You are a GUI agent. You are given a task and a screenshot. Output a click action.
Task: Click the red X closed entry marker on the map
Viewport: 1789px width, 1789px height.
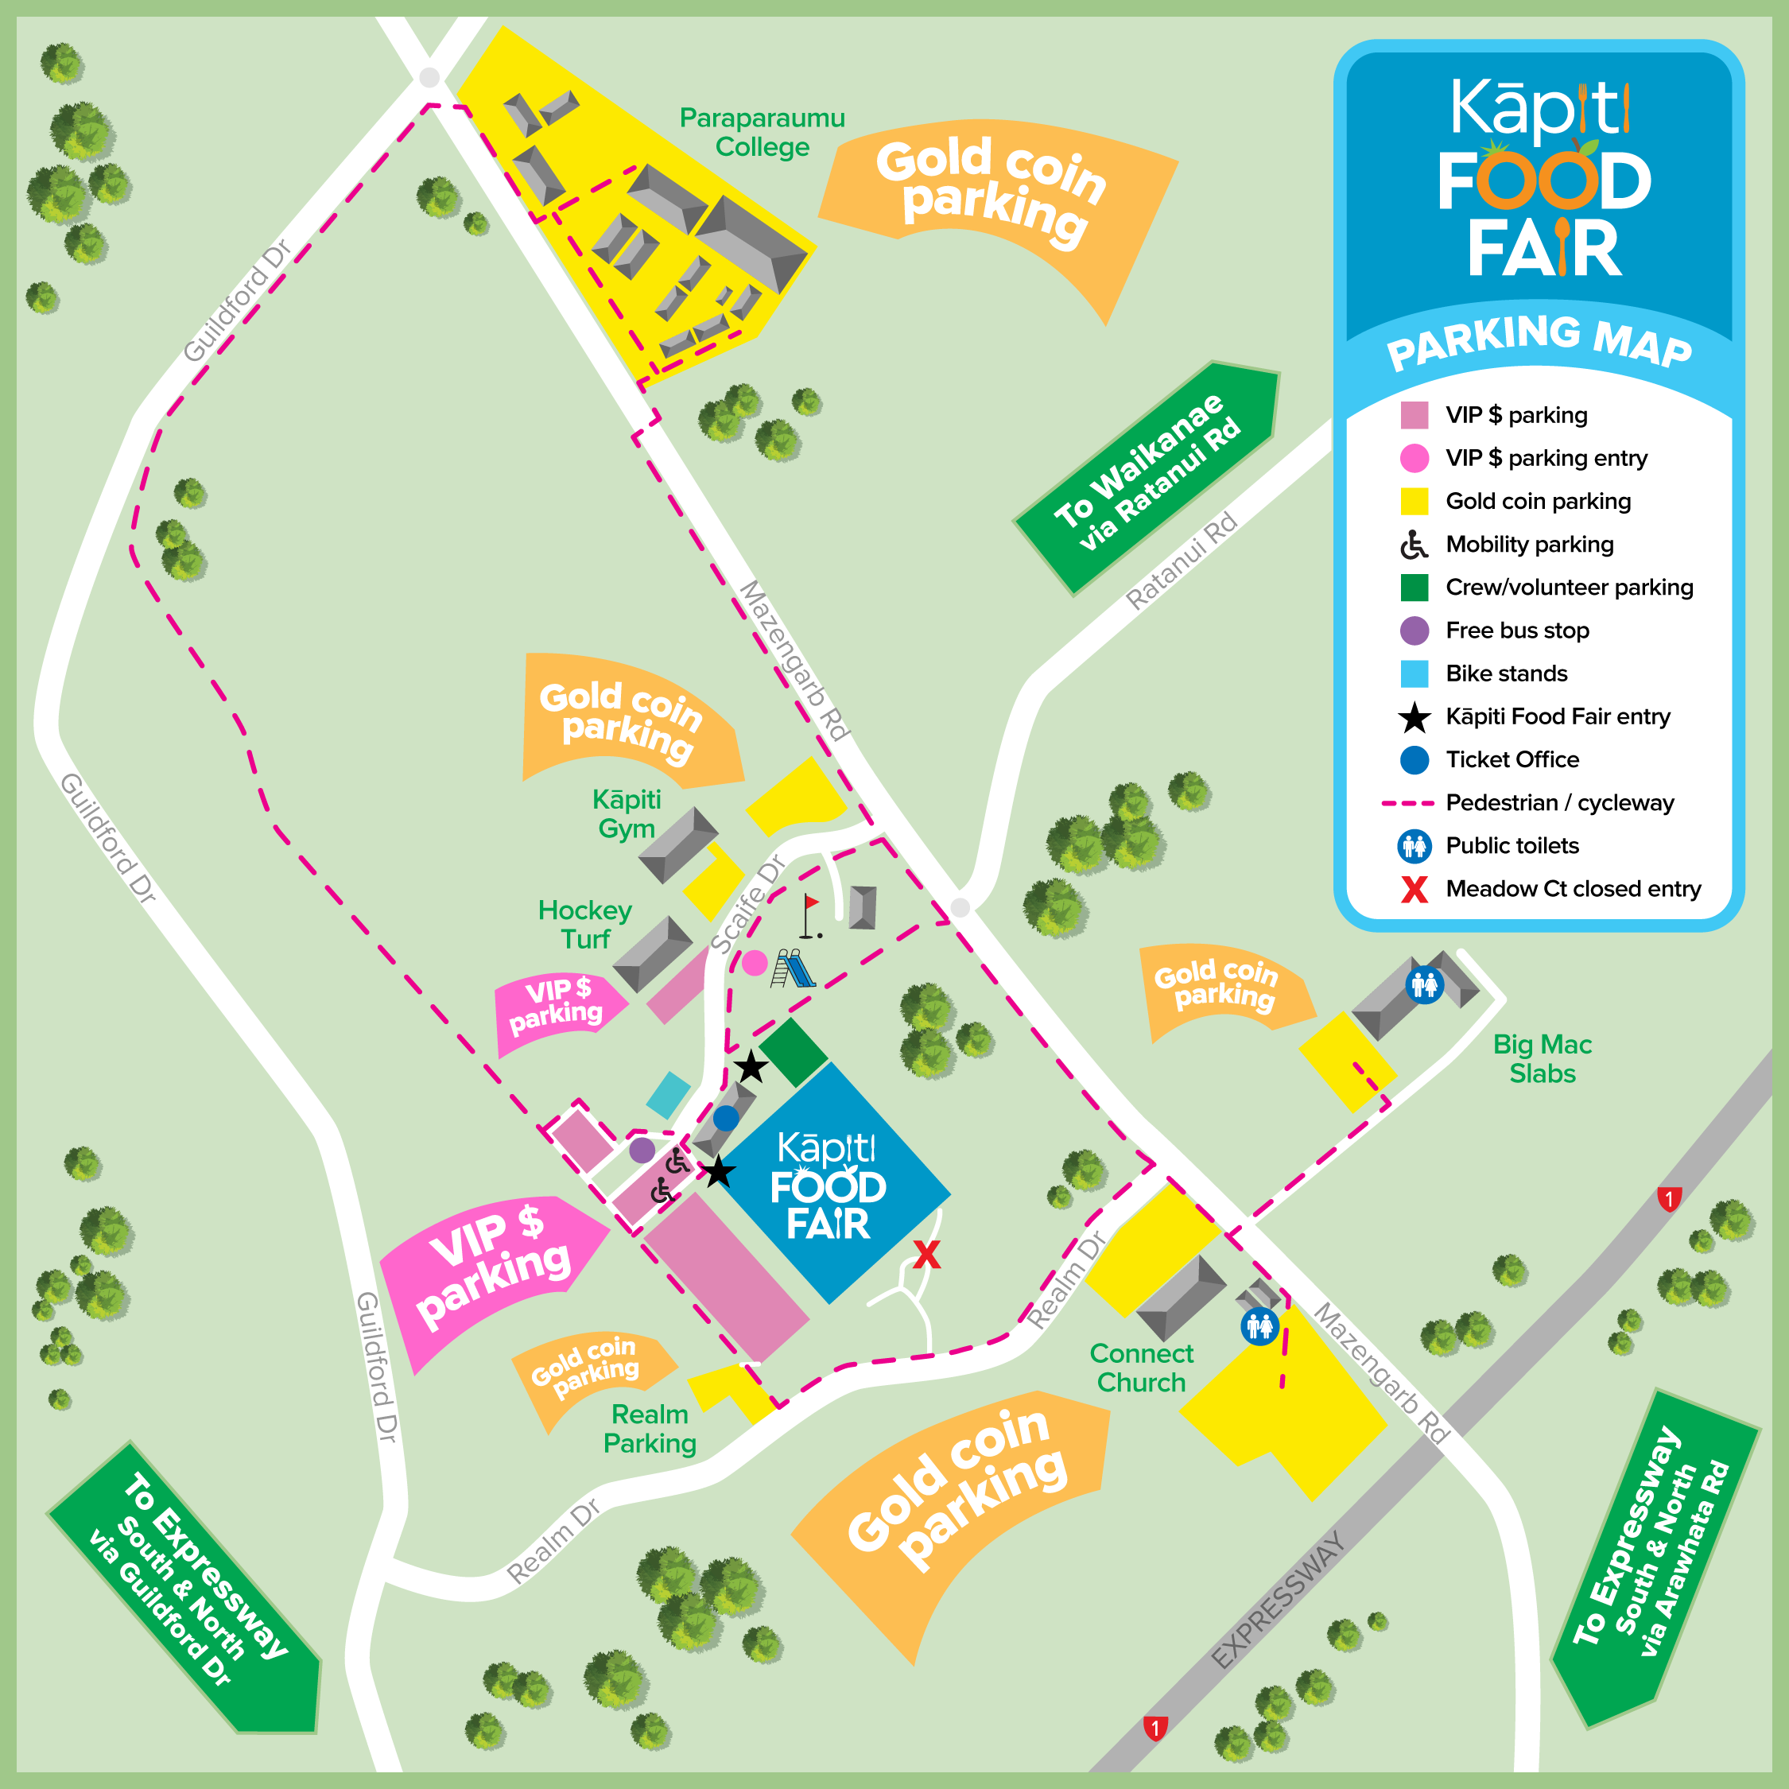point(927,1255)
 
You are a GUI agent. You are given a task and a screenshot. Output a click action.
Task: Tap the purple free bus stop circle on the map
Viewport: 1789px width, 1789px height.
point(642,1150)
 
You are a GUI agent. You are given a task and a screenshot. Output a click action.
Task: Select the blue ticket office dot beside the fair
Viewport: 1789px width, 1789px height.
point(726,1118)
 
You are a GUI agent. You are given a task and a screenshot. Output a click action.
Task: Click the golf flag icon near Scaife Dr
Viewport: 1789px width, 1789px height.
point(810,916)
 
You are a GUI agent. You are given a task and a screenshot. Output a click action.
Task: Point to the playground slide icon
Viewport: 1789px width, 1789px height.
point(794,968)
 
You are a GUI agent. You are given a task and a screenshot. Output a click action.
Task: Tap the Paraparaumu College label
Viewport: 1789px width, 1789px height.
point(761,133)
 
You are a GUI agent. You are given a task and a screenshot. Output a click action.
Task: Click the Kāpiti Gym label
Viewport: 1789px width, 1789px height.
point(627,813)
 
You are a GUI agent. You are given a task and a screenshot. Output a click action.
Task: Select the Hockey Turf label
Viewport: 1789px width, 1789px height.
point(585,924)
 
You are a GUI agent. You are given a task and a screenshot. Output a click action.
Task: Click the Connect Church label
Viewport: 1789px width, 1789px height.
point(1141,1368)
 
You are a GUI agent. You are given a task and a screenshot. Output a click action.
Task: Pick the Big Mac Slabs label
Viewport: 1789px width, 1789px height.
point(1542,1058)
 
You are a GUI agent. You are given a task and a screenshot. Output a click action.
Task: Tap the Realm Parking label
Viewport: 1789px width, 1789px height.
point(650,1429)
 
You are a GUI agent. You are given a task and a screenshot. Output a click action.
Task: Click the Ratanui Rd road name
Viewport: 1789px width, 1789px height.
point(1182,561)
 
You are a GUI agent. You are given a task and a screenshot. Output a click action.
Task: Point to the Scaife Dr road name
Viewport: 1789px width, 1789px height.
point(747,905)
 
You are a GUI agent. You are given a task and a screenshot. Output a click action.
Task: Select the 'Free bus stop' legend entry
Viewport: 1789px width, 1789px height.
point(1517,631)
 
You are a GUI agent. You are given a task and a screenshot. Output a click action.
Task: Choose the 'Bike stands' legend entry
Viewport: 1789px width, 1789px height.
point(1506,673)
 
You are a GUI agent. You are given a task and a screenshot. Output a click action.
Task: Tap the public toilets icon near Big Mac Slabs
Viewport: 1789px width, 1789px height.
point(1424,984)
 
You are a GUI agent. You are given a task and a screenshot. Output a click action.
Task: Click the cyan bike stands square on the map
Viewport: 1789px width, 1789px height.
point(668,1096)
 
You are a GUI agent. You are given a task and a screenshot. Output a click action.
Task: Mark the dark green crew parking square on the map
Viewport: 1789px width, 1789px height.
point(794,1052)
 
